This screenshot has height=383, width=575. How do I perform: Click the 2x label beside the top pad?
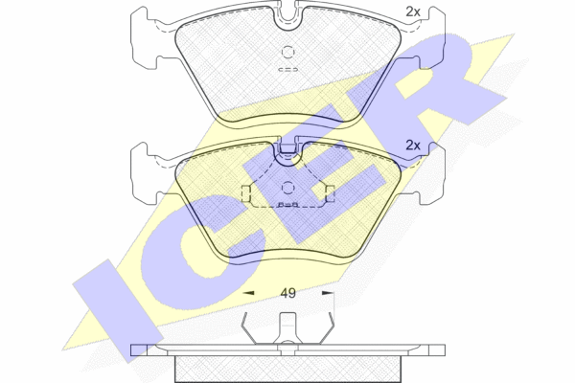click(x=412, y=12)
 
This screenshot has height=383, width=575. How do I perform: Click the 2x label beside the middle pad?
click(x=412, y=146)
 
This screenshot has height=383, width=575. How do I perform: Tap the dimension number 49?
click(x=287, y=293)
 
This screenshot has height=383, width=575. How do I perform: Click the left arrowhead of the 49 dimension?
click(x=249, y=293)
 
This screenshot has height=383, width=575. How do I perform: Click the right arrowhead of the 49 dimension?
click(x=328, y=293)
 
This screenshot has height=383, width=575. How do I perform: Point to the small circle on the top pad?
click(x=287, y=52)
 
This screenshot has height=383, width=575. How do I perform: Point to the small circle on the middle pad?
click(x=287, y=189)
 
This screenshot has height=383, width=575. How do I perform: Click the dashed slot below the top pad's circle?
click(x=287, y=69)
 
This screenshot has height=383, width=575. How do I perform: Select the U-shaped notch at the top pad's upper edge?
click(x=287, y=17)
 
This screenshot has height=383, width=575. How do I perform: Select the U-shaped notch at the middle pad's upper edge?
click(x=287, y=153)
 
